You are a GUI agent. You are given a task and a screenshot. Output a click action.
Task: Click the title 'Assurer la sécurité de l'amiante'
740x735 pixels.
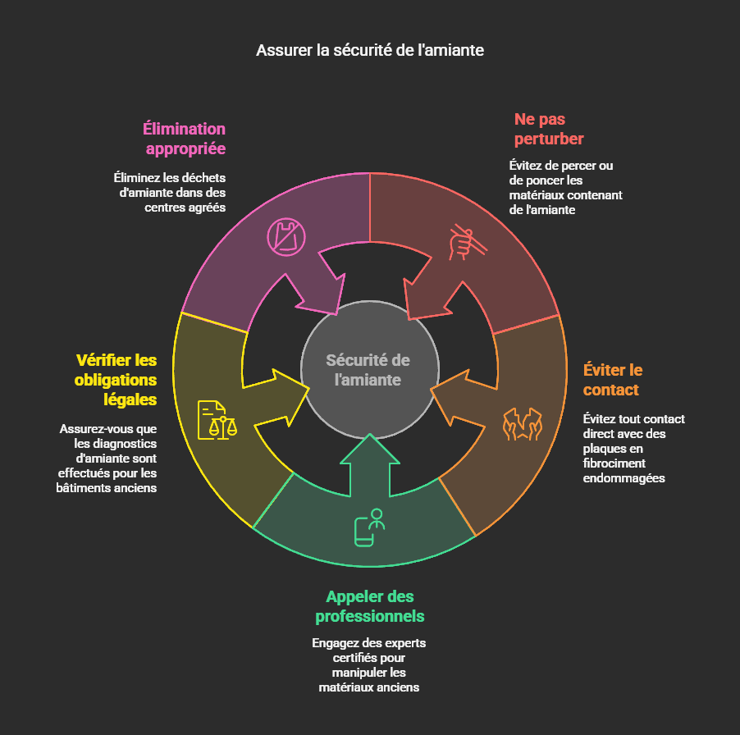click(370, 50)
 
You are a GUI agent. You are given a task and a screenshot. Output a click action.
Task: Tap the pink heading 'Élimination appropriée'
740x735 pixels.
click(185, 139)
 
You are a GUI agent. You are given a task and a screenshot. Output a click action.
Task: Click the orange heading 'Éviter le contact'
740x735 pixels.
click(612, 379)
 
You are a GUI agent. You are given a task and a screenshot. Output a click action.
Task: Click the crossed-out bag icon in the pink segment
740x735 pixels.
click(285, 237)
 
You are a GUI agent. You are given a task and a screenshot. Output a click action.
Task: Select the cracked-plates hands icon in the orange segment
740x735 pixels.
click(523, 423)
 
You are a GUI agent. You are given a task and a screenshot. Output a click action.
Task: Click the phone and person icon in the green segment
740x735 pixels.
click(369, 526)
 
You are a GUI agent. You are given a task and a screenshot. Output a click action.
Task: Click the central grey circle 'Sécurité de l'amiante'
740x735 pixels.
click(368, 370)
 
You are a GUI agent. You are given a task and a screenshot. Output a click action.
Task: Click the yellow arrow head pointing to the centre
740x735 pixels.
click(283, 397)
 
